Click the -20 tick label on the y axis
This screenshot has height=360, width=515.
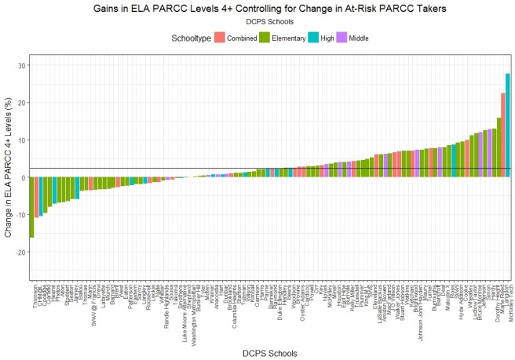point(18,252)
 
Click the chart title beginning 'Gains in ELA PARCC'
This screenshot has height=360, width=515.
point(270,8)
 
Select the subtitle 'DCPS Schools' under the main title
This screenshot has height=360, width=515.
point(270,22)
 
